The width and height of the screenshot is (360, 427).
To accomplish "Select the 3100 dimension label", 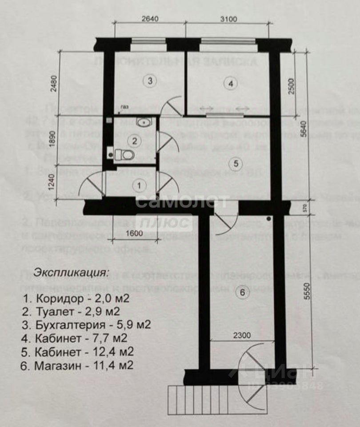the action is (228, 19).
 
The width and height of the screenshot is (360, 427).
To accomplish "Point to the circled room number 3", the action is (150, 81).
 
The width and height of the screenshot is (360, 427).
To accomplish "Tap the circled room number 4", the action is (230, 83).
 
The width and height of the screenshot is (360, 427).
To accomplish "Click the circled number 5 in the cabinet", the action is (236, 164).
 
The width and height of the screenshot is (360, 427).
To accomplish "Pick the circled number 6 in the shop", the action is (242, 293).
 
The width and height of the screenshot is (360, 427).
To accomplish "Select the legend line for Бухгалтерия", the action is (86, 324).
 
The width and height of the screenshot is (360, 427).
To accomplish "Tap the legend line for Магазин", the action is (77, 366).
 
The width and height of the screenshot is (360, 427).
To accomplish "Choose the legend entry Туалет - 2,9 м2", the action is (71, 311).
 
